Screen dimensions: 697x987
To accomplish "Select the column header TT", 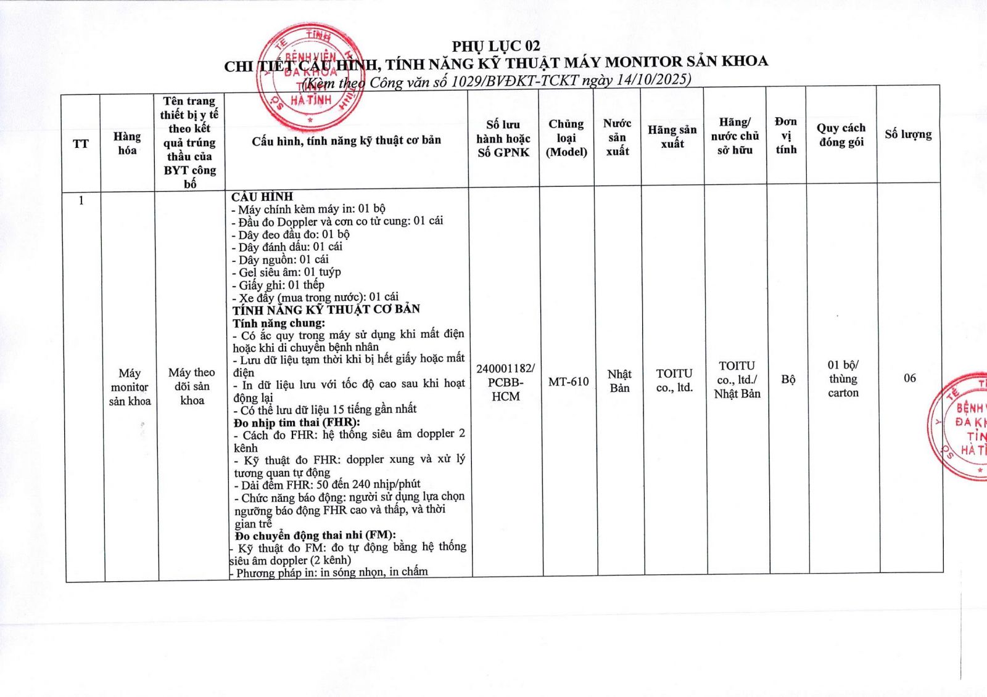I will (81, 144).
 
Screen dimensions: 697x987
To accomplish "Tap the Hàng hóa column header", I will (127, 143).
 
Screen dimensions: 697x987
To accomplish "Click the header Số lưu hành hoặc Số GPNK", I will (503, 139).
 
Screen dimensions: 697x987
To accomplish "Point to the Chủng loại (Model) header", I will (566, 138).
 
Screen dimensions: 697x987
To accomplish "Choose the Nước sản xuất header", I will (617, 137).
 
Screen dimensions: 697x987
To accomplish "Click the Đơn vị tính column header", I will (786, 136).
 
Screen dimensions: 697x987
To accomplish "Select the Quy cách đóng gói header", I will (841, 135).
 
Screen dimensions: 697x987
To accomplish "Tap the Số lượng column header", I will (908, 134).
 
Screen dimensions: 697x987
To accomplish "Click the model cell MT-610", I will (568, 382).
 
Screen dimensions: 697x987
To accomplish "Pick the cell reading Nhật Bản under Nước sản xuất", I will (619, 381).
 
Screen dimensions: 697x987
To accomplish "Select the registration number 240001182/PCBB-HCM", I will (505, 382).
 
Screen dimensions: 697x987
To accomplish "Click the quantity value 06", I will (910, 378).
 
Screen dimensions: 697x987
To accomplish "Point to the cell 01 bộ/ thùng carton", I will (843, 378).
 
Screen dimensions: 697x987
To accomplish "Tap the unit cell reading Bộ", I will (788, 379).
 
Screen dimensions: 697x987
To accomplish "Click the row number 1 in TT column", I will (81, 200).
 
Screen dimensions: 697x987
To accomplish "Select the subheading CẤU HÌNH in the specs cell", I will (262, 197).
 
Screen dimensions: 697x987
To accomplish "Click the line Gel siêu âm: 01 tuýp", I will (289, 272).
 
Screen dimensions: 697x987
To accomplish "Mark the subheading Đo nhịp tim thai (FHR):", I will (297, 423).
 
